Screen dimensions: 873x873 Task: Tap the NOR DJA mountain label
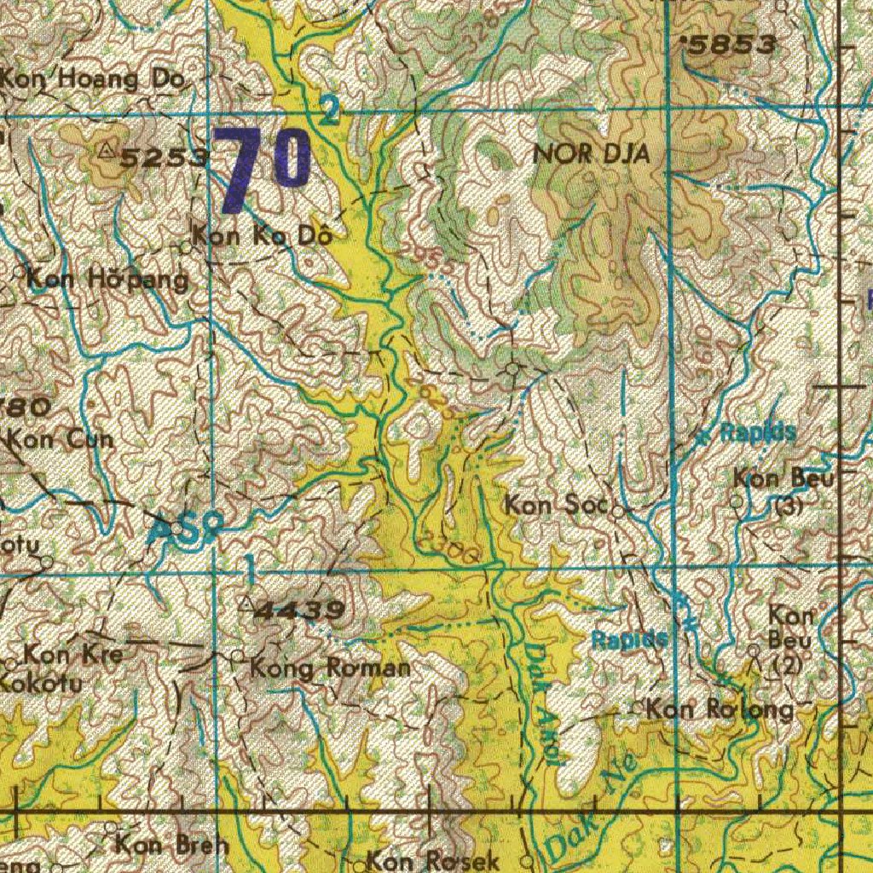pos(591,154)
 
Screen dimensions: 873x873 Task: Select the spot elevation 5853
pos(732,45)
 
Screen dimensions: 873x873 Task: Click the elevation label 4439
pos(300,610)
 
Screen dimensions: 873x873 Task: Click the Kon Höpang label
pos(107,279)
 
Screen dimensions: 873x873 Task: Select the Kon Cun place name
pos(65,441)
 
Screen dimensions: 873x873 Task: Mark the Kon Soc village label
pos(555,505)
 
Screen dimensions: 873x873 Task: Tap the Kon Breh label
pos(171,846)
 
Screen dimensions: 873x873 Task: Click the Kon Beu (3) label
pos(782,490)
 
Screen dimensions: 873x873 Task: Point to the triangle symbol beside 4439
pos(247,604)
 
